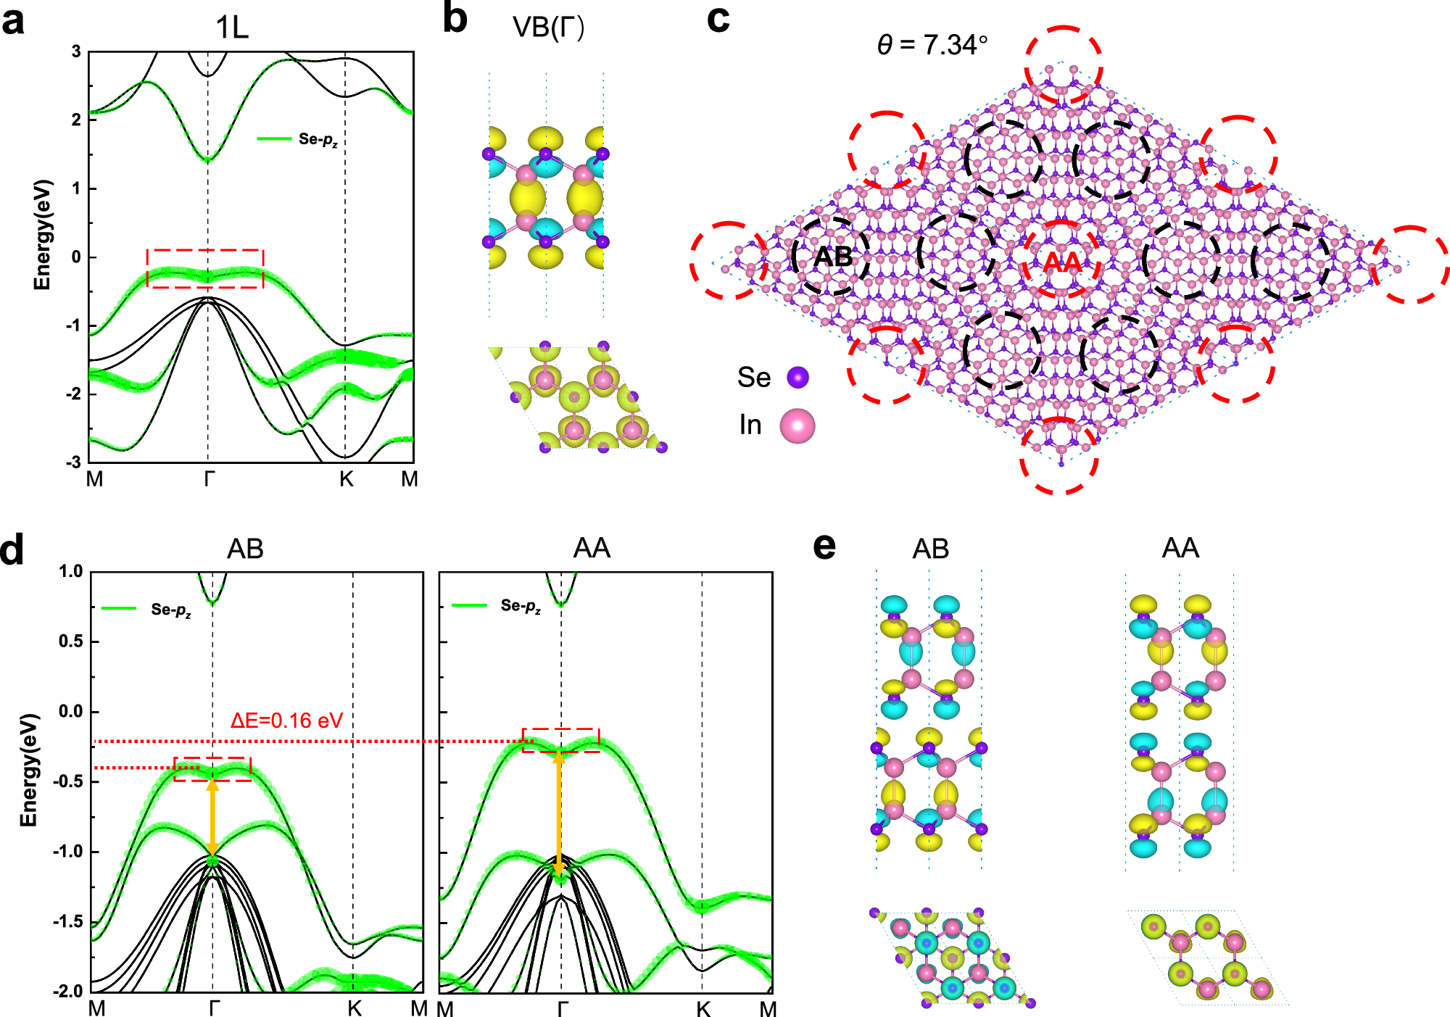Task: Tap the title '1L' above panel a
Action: (x=232, y=28)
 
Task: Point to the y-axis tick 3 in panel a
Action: (x=76, y=51)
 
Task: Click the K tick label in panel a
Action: (x=346, y=479)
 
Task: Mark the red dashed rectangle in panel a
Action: (x=205, y=268)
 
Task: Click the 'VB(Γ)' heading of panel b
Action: (x=547, y=28)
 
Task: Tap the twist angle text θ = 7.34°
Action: (x=932, y=45)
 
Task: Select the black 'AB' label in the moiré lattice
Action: (x=833, y=257)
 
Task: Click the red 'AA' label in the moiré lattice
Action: (x=1062, y=262)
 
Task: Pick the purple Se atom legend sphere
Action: (x=797, y=377)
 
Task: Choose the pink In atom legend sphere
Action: (x=797, y=426)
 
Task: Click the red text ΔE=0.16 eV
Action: (x=286, y=721)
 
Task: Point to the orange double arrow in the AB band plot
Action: (x=212, y=818)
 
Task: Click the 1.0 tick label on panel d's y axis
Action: (x=71, y=571)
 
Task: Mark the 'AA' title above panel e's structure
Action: (x=1180, y=548)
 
